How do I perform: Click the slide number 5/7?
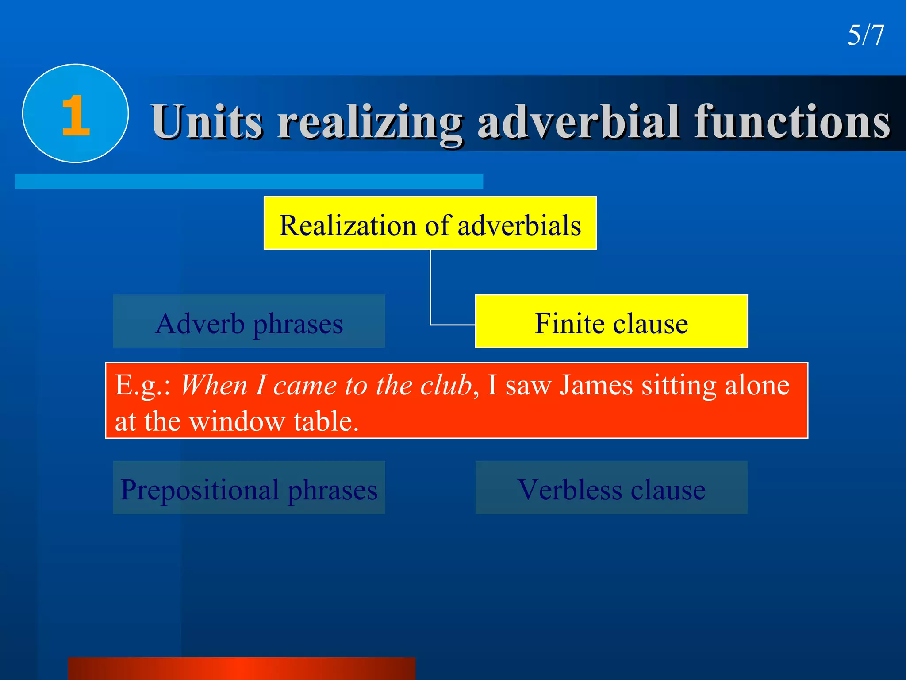pyautogui.click(x=865, y=35)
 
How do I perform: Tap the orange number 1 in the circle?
pyautogui.click(x=76, y=116)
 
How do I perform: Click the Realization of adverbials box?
pyautogui.click(x=430, y=224)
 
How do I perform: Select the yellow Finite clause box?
pyautogui.click(x=611, y=322)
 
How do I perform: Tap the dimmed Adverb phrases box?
pyautogui.click(x=249, y=322)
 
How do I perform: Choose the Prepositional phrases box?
pyautogui.click(x=249, y=488)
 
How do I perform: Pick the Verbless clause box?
pyautogui.click(x=611, y=488)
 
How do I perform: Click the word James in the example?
pyautogui.click(x=596, y=385)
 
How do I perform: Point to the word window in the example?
pyautogui.click(x=237, y=421)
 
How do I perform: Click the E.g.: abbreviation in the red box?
pyautogui.click(x=143, y=385)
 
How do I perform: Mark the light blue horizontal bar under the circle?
pyautogui.click(x=249, y=181)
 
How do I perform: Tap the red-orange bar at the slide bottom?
pyautogui.click(x=242, y=668)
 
